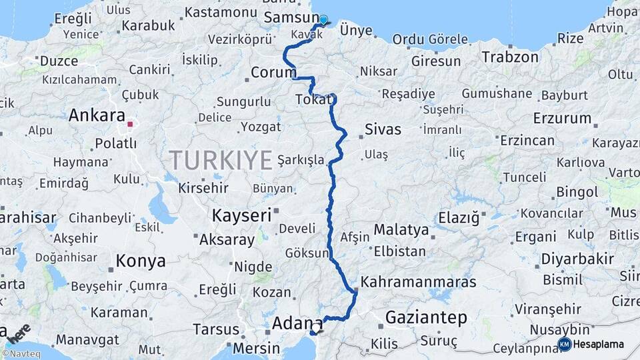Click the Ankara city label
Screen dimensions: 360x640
click(x=97, y=116)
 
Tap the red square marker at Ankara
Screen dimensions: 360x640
click(x=131, y=123)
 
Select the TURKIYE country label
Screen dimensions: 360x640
click(x=221, y=160)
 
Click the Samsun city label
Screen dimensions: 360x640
click(x=292, y=17)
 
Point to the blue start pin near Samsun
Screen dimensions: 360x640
click(x=323, y=20)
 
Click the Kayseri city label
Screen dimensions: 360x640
click(x=241, y=215)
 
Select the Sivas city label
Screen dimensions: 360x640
click(x=383, y=129)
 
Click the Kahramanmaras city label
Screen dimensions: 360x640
click(x=419, y=282)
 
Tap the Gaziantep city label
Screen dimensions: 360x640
click(x=426, y=317)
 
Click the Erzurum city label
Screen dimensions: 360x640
click(x=562, y=119)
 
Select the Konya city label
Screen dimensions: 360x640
click(x=140, y=261)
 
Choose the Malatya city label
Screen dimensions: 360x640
click(x=401, y=230)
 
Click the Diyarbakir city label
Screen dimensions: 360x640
click(x=568, y=258)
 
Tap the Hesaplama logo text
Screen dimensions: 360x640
click(x=600, y=344)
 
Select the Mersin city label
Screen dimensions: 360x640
click(x=257, y=348)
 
